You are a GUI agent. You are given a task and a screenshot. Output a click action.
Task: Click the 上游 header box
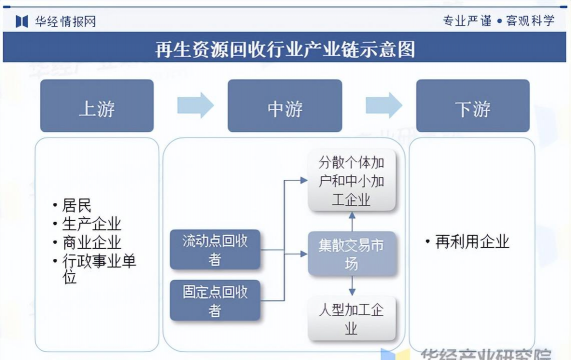[97, 107]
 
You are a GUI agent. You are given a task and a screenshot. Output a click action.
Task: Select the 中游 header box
[285, 107]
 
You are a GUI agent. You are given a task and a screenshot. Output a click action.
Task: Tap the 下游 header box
[473, 107]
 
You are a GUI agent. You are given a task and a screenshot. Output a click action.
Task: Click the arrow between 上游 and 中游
[195, 105]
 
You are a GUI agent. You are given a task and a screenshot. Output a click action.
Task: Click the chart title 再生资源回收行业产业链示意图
[285, 48]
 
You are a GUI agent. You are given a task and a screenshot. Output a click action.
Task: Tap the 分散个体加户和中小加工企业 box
[351, 181]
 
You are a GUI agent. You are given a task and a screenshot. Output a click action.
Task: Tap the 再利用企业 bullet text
[470, 241]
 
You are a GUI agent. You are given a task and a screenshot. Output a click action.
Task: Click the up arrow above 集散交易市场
[351, 218]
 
